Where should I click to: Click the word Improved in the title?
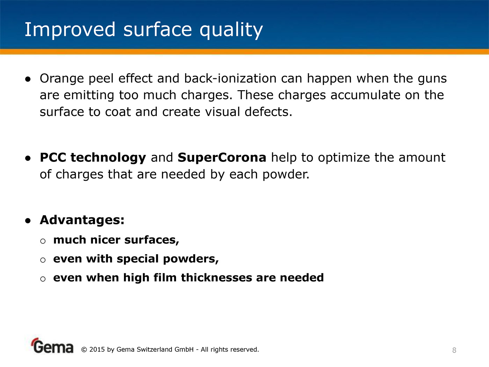(x=70, y=30)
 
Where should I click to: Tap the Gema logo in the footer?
(x=52, y=346)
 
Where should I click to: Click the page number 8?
(x=454, y=350)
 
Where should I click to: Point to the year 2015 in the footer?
(x=97, y=350)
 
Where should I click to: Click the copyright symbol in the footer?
(x=84, y=350)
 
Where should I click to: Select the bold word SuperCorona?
(x=222, y=158)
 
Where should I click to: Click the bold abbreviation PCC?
(x=53, y=158)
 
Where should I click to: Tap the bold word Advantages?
(x=82, y=220)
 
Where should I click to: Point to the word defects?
(x=268, y=111)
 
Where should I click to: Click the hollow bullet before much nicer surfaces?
(x=43, y=241)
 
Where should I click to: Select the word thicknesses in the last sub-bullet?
(x=216, y=278)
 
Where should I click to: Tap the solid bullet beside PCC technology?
(x=28, y=158)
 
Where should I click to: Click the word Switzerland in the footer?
(x=154, y=350)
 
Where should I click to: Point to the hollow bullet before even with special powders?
(x=43, y=260)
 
